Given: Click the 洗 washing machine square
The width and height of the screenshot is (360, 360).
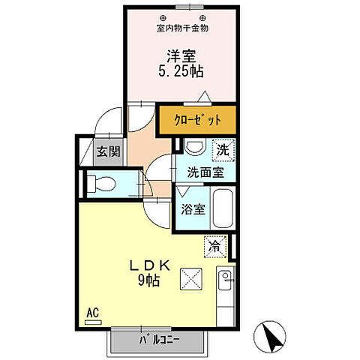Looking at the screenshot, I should (223, 150).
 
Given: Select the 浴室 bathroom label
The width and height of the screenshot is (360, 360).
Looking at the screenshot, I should (193, 209).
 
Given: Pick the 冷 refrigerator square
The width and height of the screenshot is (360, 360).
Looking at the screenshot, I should (214, 245).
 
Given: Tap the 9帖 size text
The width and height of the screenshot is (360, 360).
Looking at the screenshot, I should (147, 280).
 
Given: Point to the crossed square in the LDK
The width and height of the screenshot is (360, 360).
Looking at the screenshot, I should (192, 281).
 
